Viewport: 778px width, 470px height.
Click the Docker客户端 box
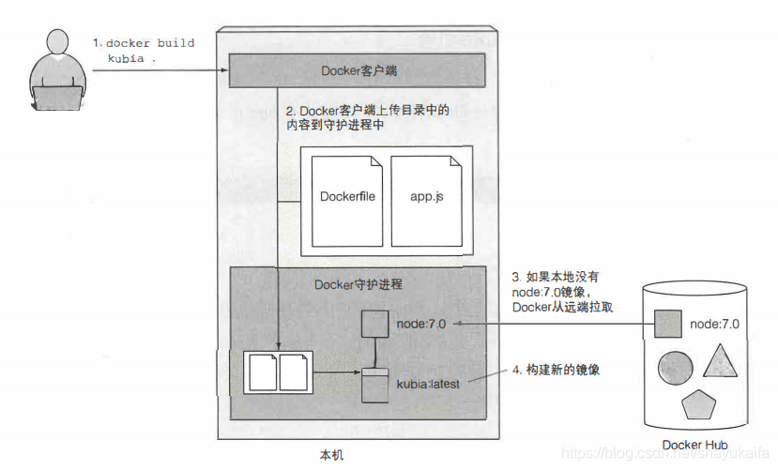(x=357, y=70)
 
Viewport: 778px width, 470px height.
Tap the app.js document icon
(x=425, y=198)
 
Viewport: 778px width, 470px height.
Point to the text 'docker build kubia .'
(x=145, y=50)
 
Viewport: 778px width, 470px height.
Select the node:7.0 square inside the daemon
(x=374, y=324)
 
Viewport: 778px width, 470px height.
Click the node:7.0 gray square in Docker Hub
(x=667, y=324)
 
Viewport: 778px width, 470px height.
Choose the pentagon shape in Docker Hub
(x=699, y=405)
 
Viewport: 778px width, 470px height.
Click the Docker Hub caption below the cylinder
(x=695, y=444)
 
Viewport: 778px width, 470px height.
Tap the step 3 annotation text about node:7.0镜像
(x=561, y=292)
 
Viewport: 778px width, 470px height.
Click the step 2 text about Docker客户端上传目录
(x=367, y=117)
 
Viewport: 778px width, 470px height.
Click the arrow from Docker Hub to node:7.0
(x=554, y=324)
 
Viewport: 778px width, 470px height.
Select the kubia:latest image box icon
(x=374, y=385)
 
